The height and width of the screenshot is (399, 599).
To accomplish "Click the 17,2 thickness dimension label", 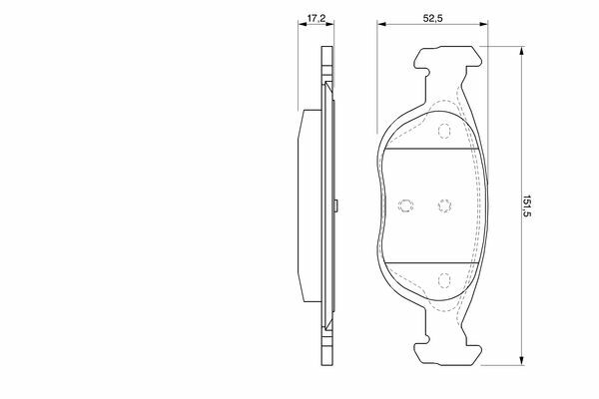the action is (x=315, y=18).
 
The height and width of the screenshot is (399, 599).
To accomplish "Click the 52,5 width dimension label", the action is (x=432, y=18).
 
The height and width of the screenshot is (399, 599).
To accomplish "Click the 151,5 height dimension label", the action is (x=527, y=205).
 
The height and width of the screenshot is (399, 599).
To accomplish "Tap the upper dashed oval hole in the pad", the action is (x=444, y=131).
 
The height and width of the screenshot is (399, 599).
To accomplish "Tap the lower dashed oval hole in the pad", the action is (x=444, y=280).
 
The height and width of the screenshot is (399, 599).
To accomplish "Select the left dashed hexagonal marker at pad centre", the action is (x=405, y=205).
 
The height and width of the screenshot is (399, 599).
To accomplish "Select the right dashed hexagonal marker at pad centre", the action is (x=444, y=205).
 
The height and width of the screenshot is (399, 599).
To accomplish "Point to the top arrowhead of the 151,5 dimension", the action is (x=521, y=51).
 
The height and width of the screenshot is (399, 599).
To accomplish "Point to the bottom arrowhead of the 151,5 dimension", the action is (x=521, y=361).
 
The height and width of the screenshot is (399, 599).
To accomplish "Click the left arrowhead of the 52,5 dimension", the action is (x=381, y=24).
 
